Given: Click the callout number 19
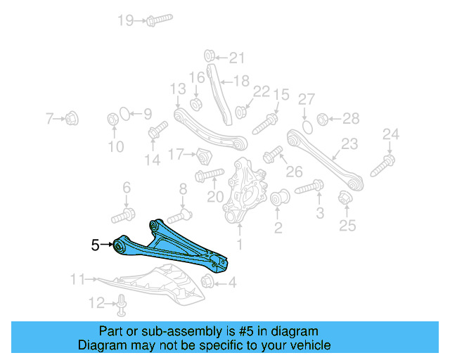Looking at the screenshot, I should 125,20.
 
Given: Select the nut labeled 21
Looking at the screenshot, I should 209,56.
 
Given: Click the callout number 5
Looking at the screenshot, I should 96,245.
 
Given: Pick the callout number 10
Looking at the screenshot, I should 115,147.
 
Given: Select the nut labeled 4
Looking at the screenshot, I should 207,283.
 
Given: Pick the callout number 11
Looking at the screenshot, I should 77,280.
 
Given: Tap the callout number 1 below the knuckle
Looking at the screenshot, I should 240,244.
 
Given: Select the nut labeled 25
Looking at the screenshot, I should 345,200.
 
